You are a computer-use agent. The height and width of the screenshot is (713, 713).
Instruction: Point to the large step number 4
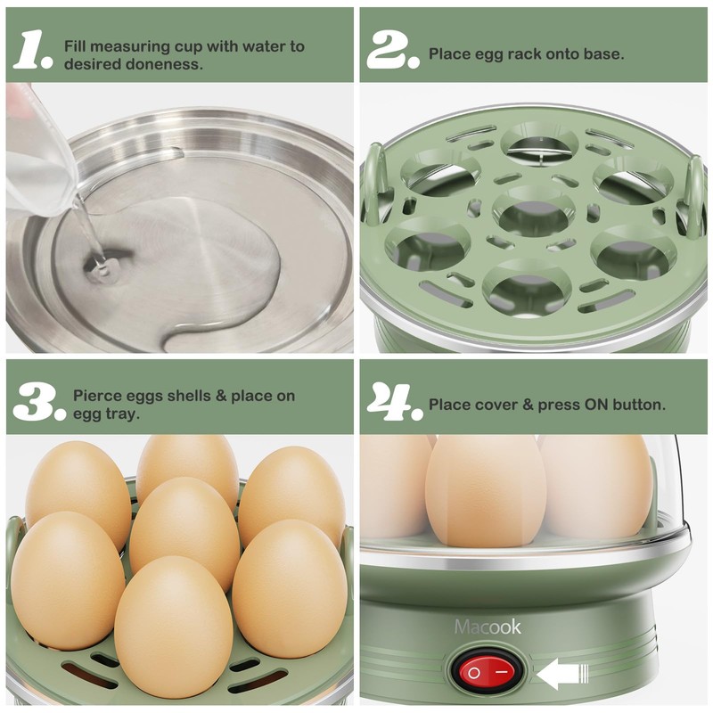tap(394, 403)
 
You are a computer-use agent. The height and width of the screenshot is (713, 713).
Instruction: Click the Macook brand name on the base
tap(488, 627)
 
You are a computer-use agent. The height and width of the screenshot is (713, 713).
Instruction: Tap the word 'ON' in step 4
tap(595, 405)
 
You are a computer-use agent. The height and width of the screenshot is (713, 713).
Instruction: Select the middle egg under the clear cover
tap(486, 490)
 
